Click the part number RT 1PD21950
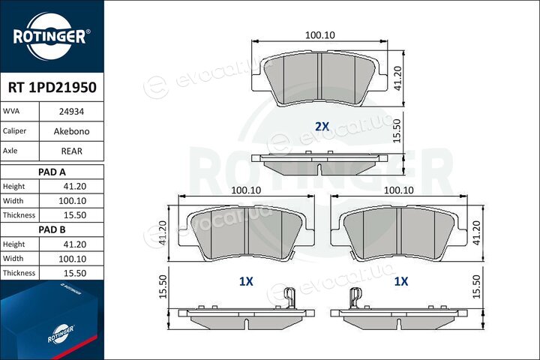click(x=52, y=88)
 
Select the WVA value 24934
click(x=72, y=112)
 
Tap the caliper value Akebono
click(x=72, y=131)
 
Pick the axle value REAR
click(x=72, y=151)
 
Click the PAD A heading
click(x=52, y=172)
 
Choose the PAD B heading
click(x=52, y=229)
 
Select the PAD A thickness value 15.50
click(x=75, y=215)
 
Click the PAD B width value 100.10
click(x=72, y=259)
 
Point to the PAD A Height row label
click(x=13, y=186)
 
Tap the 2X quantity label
click(x=322, y=127)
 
